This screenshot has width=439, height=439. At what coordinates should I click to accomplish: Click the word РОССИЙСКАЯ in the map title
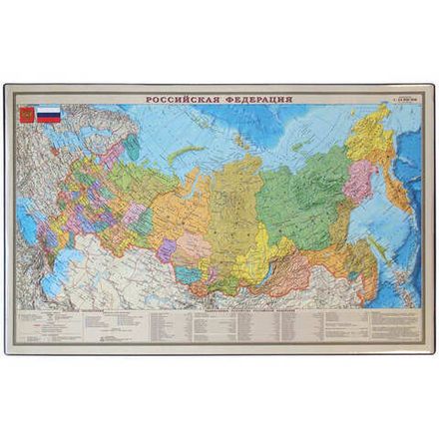coord(183,101)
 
